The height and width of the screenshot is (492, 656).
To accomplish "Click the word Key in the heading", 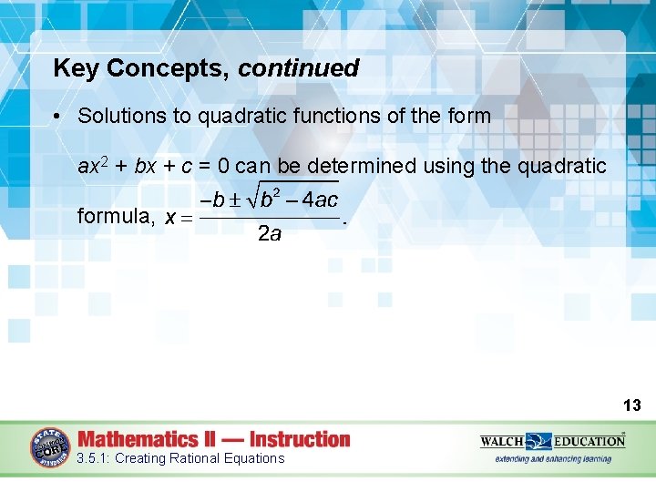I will point(75,68).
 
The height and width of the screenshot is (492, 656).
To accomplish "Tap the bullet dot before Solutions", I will point(56,117).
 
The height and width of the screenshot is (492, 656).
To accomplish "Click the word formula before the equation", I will point(114,216).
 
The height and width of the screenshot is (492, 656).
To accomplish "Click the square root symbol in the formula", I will point(252,197).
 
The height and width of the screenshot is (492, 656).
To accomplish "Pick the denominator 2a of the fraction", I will point(270,234).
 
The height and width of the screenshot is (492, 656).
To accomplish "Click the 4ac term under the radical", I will point(320,200).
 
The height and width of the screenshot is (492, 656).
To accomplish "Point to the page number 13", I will point(632,405).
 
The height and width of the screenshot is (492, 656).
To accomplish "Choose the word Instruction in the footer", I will point(300,439).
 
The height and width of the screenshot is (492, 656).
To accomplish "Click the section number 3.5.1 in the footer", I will point(94,458).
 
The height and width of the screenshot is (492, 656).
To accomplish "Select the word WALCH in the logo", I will point(501,442).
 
